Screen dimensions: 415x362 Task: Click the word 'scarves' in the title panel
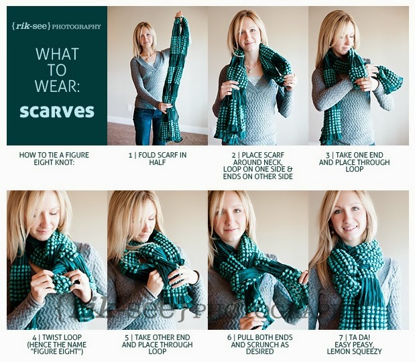click(x=57, y=111)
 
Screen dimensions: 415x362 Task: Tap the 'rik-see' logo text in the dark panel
click(x=32, y=26)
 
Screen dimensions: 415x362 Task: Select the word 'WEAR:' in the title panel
click(x=57, y=86)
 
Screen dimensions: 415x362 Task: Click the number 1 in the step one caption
click(x=130, y=155)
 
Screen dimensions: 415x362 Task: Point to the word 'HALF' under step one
click(x=158, y=162)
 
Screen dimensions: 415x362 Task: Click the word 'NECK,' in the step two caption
click(x=270, y=162)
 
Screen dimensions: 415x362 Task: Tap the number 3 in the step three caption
click(x=328, y=155)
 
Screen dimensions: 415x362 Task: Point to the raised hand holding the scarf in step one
click(x=180, y=15)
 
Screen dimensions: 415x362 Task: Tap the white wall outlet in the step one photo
click(x=129, y=107)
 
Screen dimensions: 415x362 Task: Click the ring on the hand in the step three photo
click(x=365, y=79)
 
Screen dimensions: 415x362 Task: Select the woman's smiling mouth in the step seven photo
click(x=349, y=228)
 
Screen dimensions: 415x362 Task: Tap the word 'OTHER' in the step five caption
click(x=167, y=338)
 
